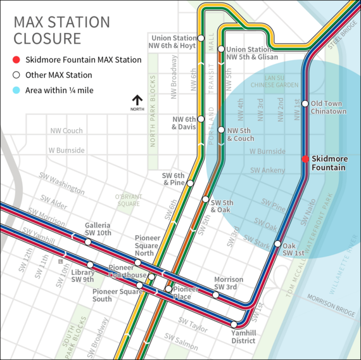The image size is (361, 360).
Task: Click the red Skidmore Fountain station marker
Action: pyautogui.click(x=305, y=159)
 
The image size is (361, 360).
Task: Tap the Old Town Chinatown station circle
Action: pyautogui.click(x=305, y=103)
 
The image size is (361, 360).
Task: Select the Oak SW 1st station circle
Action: pyautogui.click(x=277, y=243)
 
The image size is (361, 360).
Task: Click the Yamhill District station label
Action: pyautogui.click(x=243, y=336)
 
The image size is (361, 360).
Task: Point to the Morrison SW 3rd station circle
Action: pyautogui.click(x=217, y=294)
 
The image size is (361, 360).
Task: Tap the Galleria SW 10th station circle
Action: pyautogui.click(x=88, y=241)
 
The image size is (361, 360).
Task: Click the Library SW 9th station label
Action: pyautogui.click(x=83, y=276)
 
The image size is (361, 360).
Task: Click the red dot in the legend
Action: pyautogui.click(x=17, y=60)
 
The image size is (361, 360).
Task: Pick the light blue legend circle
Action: pyautogui.click(x=17, y=91)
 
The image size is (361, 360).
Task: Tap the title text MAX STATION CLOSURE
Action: pyautogui.click(x=61, y=30)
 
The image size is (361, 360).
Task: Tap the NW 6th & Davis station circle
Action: pyautogui.click(x=201, y=119)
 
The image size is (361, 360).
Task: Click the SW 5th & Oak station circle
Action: pyautogui.click(x=205, y=199)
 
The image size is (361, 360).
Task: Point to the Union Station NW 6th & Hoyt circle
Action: pyautogui.click(x=201, y=37)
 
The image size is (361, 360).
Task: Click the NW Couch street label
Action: pyautogui.click(x=66, y=131)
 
